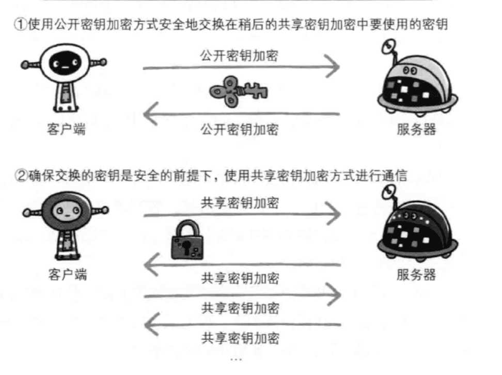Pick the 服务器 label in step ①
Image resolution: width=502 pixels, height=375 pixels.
coord(416,129)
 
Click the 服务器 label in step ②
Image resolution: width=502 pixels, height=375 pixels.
coord(416,274)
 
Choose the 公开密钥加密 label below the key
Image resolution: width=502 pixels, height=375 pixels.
coord(239,129)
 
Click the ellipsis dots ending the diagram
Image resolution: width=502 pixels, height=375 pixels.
coord(236,358)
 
